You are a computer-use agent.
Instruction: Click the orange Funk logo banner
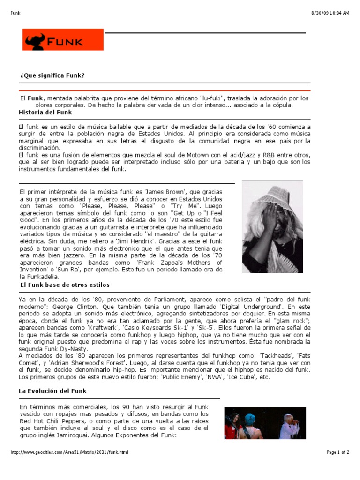pyautogui.click(x=63, y=40)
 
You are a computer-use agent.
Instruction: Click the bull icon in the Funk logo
pyautogui.click(x=35, y=41)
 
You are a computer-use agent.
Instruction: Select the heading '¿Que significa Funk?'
pyautogui.click(x=52, y=75)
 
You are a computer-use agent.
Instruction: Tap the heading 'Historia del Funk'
pyautogui.click(x=45, y=112)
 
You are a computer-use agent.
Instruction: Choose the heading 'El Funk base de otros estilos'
pyautogui.click(x=65, y=285)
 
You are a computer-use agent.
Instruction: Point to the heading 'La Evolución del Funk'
pyautogui.click(x=52, y=391)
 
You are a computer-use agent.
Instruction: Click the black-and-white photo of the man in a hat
pyautogui.click(x=272, y=226)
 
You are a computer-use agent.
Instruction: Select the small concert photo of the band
pyautogui.click(x=265, y=423)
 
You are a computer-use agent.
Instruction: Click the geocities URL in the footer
pyautogui.click(x=69, y=452)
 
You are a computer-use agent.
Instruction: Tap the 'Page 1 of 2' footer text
pyautogui.click(x=337, y=452)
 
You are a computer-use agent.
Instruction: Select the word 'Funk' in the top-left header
pyautogui.click(x=15, y=13)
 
